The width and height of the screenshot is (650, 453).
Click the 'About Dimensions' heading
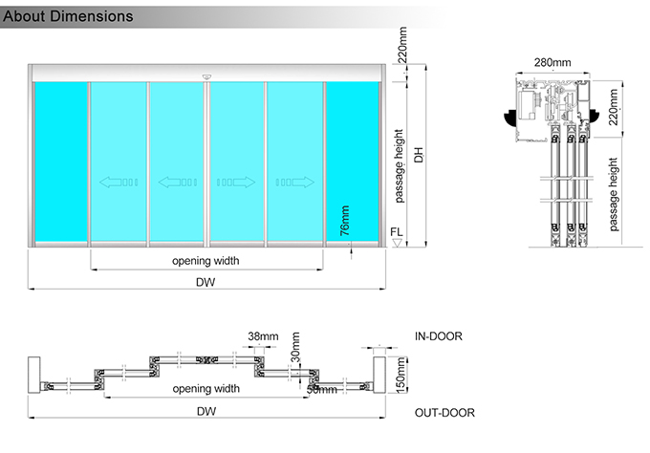(68, 16)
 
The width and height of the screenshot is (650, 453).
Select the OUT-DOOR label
(444, 413)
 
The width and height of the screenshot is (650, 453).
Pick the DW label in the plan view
(205, 411)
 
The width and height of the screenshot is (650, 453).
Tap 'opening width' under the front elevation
(206, 260)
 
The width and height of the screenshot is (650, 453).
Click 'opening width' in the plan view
(206, 389)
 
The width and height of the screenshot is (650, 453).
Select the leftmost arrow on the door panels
(119, 181)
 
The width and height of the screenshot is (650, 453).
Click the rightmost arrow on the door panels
(294, 181)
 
